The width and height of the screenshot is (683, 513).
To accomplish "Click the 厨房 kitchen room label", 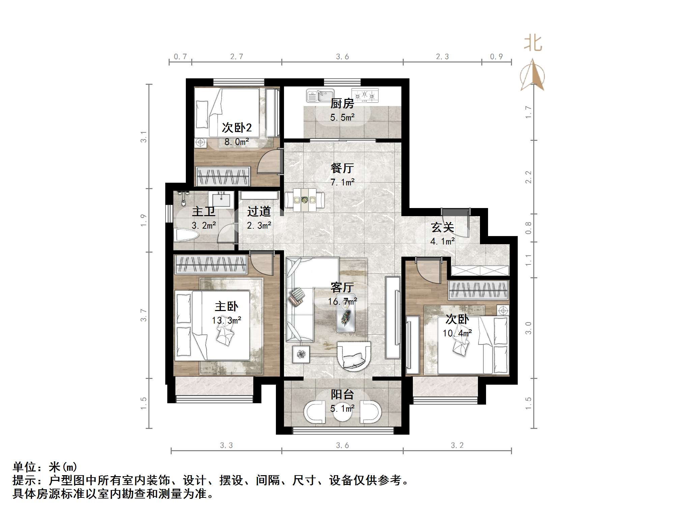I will tap(342, 103).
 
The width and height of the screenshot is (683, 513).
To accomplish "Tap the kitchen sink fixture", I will tap(320, 96).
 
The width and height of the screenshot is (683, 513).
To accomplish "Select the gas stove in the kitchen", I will tap(365, 95).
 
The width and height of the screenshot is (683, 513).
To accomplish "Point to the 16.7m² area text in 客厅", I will tap(342, 301).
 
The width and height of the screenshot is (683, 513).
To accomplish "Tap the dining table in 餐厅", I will tap(305, 200).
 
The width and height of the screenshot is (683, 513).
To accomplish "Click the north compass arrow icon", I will tap(532, 75).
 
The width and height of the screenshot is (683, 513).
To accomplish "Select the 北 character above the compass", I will tap(533, 44).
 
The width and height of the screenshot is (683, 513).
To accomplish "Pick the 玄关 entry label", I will tap(442, 227).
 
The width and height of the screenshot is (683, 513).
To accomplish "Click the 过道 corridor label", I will tap(259, 212).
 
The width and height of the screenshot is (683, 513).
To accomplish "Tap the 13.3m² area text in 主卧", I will tap(226, 320).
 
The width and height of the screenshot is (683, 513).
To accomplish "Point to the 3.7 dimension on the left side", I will tap(144, 315).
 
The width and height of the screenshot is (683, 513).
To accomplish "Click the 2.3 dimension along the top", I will tap(442, 57).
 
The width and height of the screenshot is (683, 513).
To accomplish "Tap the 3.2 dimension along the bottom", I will tap(457, 445).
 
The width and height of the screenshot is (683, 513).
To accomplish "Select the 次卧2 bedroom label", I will tap(236, 128).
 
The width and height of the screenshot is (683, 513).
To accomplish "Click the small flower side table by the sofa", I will tap(301, 354).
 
